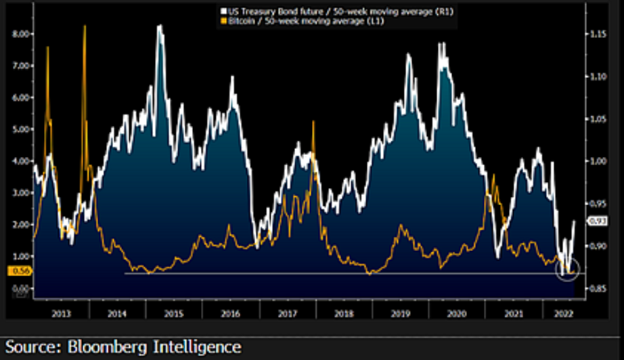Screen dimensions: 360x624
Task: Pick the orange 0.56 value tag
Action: coord(18,271)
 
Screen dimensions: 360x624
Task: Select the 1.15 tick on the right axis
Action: coord(597,34)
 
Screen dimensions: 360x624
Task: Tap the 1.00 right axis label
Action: coord(597,161)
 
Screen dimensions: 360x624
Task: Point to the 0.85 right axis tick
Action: coord(597,288)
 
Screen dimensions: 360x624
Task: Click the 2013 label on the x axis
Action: coord(61,313)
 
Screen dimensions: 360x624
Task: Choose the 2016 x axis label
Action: coord(230,313)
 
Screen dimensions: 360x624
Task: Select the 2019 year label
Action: coord(400,313)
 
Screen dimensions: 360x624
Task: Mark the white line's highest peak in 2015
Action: coord(160,26)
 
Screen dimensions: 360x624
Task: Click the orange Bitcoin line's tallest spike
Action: coord(85,26)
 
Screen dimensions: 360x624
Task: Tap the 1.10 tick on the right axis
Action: coord(597,76)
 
